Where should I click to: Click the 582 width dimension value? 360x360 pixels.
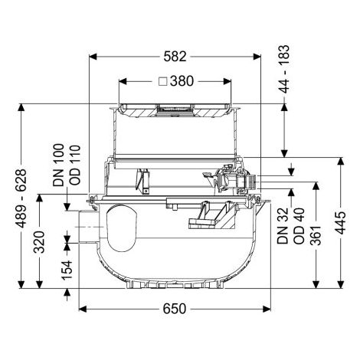(175, 57)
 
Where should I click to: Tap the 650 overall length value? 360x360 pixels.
(175, 309)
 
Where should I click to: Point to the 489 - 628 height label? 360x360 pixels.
(21, 198)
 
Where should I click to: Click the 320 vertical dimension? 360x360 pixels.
(39, 242)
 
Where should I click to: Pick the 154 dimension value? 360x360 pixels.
(67, 270)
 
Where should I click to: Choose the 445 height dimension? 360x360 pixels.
(340, 223)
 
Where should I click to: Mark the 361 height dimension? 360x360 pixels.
(316, 235)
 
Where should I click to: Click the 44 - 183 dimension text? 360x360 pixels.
(284, 69)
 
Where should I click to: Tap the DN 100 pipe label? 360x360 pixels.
(58, 165)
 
